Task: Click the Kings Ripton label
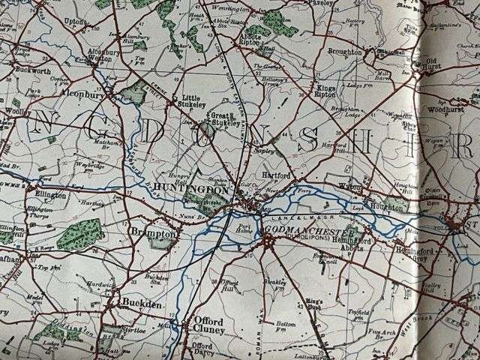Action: [324, 91]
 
